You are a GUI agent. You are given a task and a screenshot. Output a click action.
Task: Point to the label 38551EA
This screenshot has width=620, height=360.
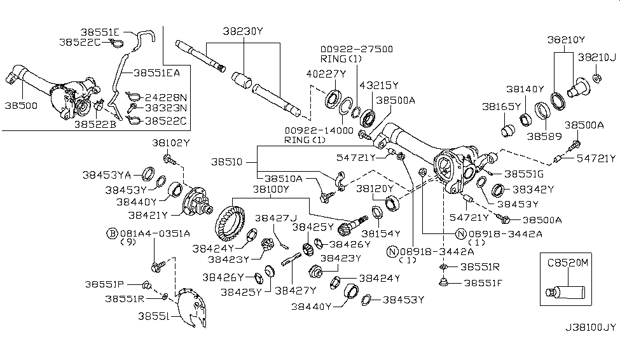(156, 73)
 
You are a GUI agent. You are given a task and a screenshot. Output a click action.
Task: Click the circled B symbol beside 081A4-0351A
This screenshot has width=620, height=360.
(112, 233)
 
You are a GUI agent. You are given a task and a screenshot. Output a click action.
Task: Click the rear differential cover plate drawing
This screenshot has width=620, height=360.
(192, 309)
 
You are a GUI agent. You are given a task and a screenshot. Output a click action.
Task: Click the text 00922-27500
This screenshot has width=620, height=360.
(356, 48)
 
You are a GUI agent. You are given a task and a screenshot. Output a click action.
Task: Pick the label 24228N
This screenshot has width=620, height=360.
(165, 97)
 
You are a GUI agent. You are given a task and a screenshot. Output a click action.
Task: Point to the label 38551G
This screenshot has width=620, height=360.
(523, 173)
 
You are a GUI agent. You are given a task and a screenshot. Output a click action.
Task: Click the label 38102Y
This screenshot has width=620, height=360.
(172, 142)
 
